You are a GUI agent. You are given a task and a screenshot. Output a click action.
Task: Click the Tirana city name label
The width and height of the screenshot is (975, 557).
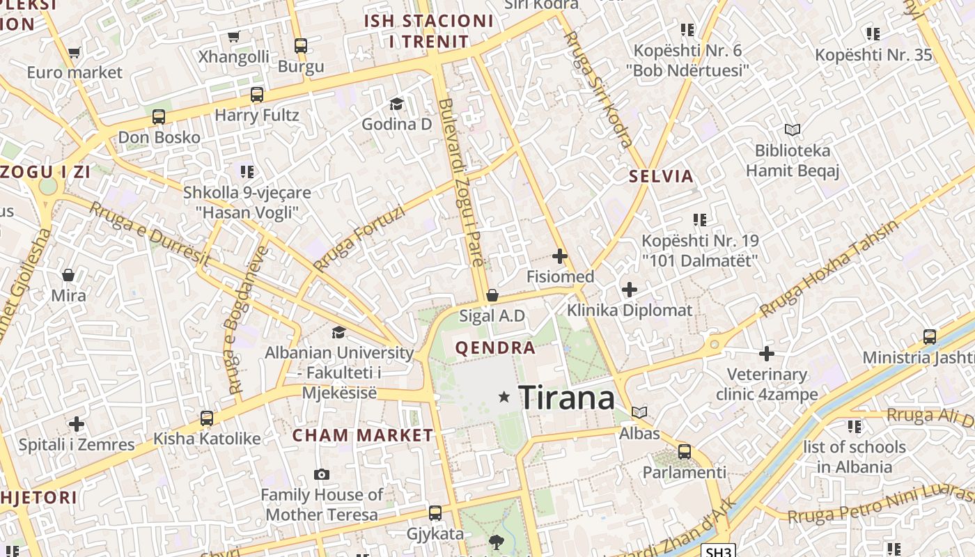(567, 398)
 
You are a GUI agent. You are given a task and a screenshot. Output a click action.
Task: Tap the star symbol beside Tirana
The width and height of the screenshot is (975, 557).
(504, 397)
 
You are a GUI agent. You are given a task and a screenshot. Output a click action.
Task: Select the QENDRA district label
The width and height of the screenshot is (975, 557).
(495, 348)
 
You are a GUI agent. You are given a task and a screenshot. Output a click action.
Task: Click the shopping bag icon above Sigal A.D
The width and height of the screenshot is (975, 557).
(492, 295)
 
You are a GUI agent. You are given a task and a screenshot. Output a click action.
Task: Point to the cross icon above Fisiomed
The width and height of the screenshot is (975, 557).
(560, 256)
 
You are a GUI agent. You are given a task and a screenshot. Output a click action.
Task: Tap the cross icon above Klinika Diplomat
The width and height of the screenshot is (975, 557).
(630, 289)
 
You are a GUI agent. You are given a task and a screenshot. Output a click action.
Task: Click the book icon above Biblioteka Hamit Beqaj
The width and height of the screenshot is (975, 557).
(792, 130)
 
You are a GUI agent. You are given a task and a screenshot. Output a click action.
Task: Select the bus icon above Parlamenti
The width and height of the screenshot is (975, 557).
(685, 451)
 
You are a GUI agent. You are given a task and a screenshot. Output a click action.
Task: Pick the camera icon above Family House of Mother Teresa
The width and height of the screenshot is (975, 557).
(321, 474)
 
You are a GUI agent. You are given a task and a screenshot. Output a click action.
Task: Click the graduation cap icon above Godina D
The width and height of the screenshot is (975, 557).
(396, 104)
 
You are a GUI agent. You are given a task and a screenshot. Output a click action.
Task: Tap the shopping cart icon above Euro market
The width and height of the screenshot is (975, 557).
(75, 52)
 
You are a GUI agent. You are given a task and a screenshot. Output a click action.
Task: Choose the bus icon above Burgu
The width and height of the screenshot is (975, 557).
(301, 46)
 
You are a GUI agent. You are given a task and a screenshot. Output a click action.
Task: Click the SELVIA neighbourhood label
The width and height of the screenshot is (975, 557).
(661, 176)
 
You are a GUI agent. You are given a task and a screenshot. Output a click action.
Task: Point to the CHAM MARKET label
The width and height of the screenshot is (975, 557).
(362, 435)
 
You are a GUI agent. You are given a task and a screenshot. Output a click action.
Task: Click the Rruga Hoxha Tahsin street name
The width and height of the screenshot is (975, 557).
(829, 269)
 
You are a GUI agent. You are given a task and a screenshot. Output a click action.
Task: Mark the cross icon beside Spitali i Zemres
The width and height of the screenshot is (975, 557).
(77, 423)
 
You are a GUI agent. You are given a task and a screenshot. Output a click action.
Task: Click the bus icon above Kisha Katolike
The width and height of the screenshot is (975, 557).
(207, 418)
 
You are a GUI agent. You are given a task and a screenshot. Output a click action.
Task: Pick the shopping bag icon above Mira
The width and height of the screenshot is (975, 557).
(68, 275)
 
